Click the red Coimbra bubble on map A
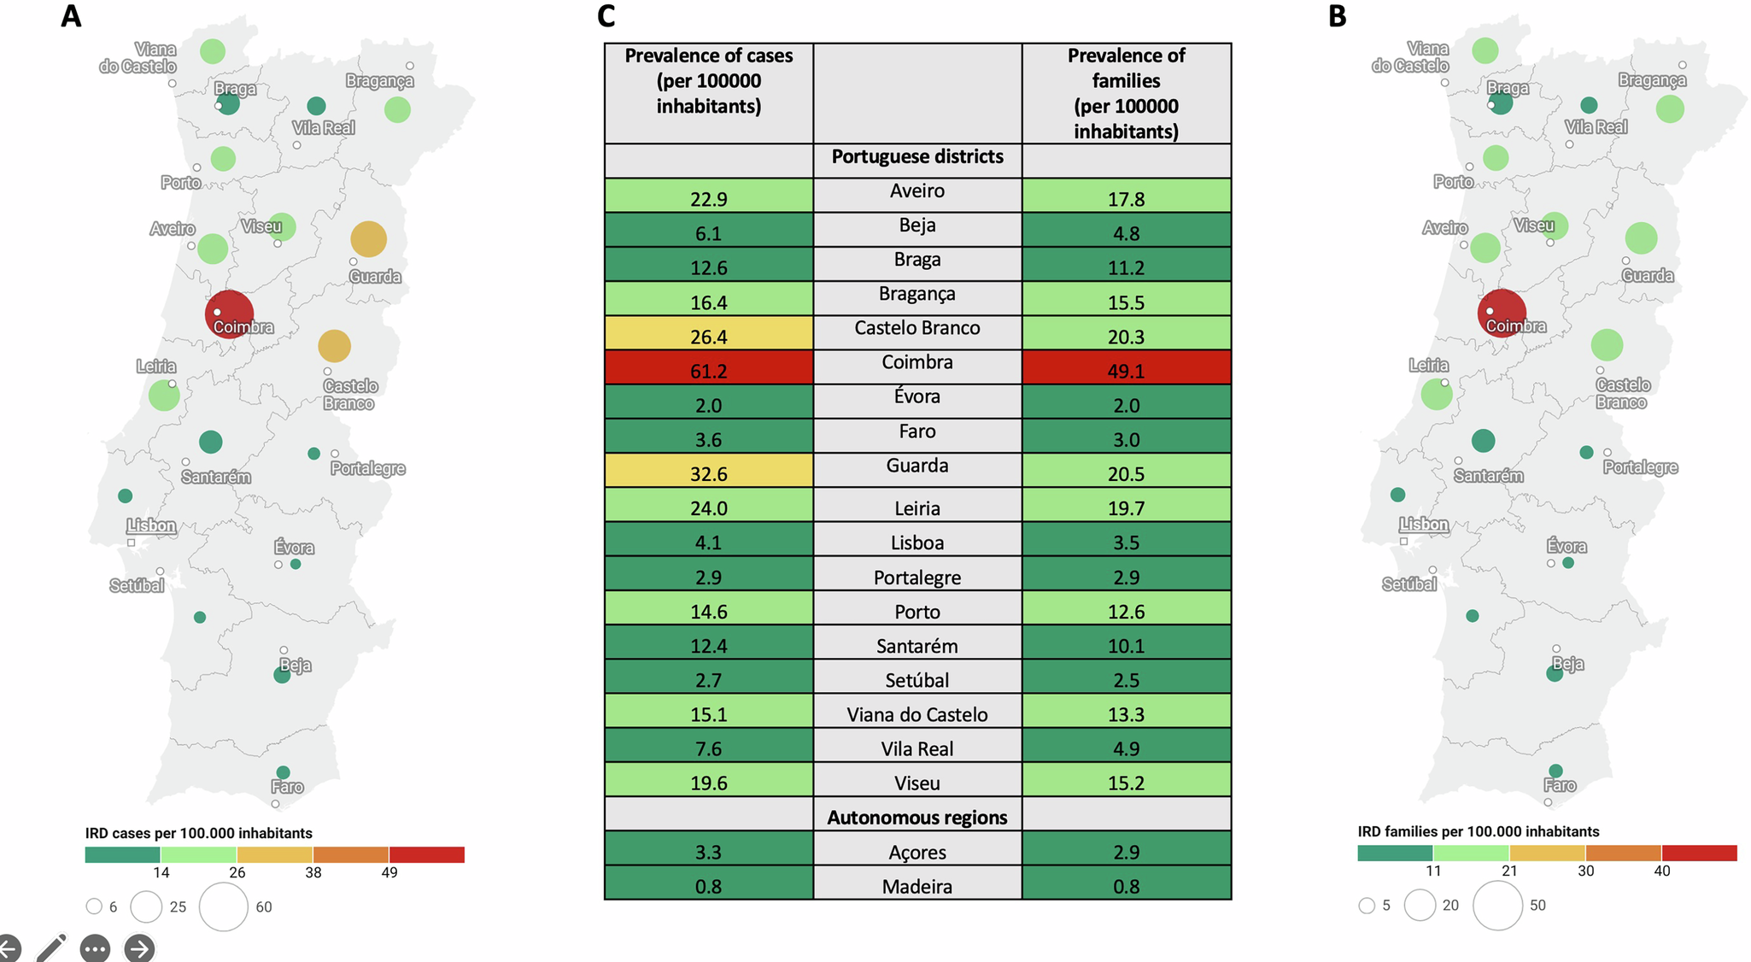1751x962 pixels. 229,314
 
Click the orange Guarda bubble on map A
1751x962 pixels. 368,239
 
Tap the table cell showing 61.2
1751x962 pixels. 708,370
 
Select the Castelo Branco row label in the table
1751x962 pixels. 916,328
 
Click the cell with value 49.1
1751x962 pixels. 1126,370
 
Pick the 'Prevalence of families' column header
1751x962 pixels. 1126,92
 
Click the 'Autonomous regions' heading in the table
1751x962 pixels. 916,818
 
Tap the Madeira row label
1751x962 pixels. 916,887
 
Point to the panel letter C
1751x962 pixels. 606,16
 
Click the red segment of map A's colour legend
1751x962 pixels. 426,854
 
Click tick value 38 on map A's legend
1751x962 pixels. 313,872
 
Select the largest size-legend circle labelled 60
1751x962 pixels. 224,906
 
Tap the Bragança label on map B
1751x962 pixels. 1652,80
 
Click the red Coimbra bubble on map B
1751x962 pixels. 1501,313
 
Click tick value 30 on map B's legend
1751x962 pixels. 1585,871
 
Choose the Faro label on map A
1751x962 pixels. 287,787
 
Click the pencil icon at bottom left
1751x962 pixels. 51,947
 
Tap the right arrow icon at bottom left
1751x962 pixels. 139,948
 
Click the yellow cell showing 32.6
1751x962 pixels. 708,472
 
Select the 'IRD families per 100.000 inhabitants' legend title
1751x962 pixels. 1478,831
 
